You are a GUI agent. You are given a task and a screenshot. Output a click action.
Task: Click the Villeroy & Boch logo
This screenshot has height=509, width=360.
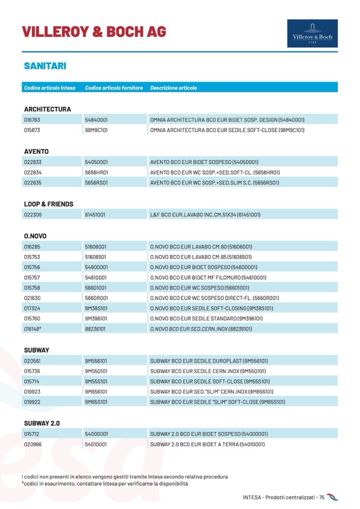[x=312, y=33]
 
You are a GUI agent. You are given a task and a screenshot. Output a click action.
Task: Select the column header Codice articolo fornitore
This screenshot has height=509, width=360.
[x=114, y=88]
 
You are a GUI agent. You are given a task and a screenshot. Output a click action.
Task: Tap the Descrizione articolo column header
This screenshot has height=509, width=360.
[x=174, y=88]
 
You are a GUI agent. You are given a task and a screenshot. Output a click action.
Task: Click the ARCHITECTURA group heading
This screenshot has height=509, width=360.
[x=47, y=109]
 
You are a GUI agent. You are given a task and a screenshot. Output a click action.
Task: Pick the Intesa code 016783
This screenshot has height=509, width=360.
[x=32, y=120]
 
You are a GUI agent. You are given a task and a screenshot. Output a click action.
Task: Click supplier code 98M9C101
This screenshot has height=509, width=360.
[x=96, y=130]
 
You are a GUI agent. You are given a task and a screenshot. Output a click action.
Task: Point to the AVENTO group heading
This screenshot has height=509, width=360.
[x=36, y=151]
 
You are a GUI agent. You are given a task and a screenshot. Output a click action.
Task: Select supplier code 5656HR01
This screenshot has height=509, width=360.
[x=96, y=172]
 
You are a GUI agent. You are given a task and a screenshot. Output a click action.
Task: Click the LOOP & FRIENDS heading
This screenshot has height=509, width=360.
[x=48, y=204]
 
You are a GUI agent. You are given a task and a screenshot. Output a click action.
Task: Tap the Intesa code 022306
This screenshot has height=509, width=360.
[x=32, y=215]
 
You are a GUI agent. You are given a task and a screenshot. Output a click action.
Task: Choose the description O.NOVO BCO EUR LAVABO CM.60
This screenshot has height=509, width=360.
[x=201, y=247]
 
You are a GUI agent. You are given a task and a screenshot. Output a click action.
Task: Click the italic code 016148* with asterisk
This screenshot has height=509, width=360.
[x=33, y=329]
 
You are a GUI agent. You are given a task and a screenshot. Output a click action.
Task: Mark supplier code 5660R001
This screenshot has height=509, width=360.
[x=96, y=298]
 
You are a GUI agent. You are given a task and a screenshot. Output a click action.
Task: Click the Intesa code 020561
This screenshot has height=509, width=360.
[x=32, y=361]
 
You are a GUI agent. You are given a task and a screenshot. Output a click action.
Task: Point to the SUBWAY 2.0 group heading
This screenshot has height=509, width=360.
[x=42, y=423]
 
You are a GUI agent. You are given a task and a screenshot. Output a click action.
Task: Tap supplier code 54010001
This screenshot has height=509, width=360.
[x=96, y=444]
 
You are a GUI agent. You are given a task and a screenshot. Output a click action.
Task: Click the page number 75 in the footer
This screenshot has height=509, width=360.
[x=322, y=497]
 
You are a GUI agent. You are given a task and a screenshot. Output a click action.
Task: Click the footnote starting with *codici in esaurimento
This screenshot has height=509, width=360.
[x=105, y=484]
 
